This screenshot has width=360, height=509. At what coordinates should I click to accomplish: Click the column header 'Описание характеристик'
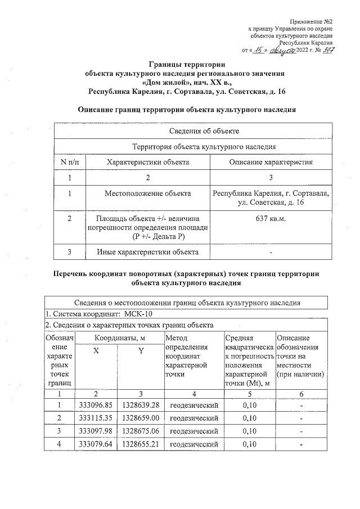tap(271, 162)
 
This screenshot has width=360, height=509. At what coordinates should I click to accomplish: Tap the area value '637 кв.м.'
tap(271, 218)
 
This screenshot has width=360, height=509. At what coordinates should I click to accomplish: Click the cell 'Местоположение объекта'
tap(148, 193)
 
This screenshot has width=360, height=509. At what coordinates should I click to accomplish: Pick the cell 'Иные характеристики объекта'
tap(148, 252)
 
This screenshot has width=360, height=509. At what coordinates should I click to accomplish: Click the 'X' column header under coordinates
tap(96, 351)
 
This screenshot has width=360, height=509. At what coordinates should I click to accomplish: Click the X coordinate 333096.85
tap(96, 405)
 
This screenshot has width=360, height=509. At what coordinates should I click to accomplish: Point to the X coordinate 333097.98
tap(96, 431)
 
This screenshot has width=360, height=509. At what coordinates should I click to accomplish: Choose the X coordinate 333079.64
tap(96, 445)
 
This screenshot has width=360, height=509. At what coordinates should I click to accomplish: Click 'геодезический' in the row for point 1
tap(193, 405)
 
